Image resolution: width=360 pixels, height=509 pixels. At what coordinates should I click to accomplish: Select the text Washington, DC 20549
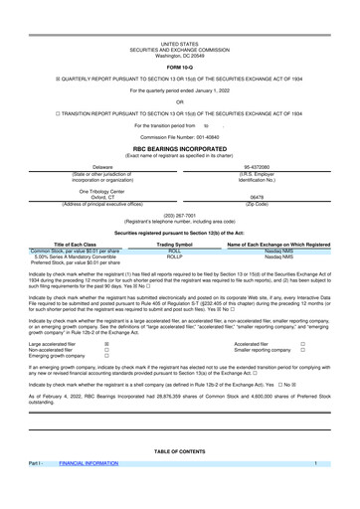[179, 28]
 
